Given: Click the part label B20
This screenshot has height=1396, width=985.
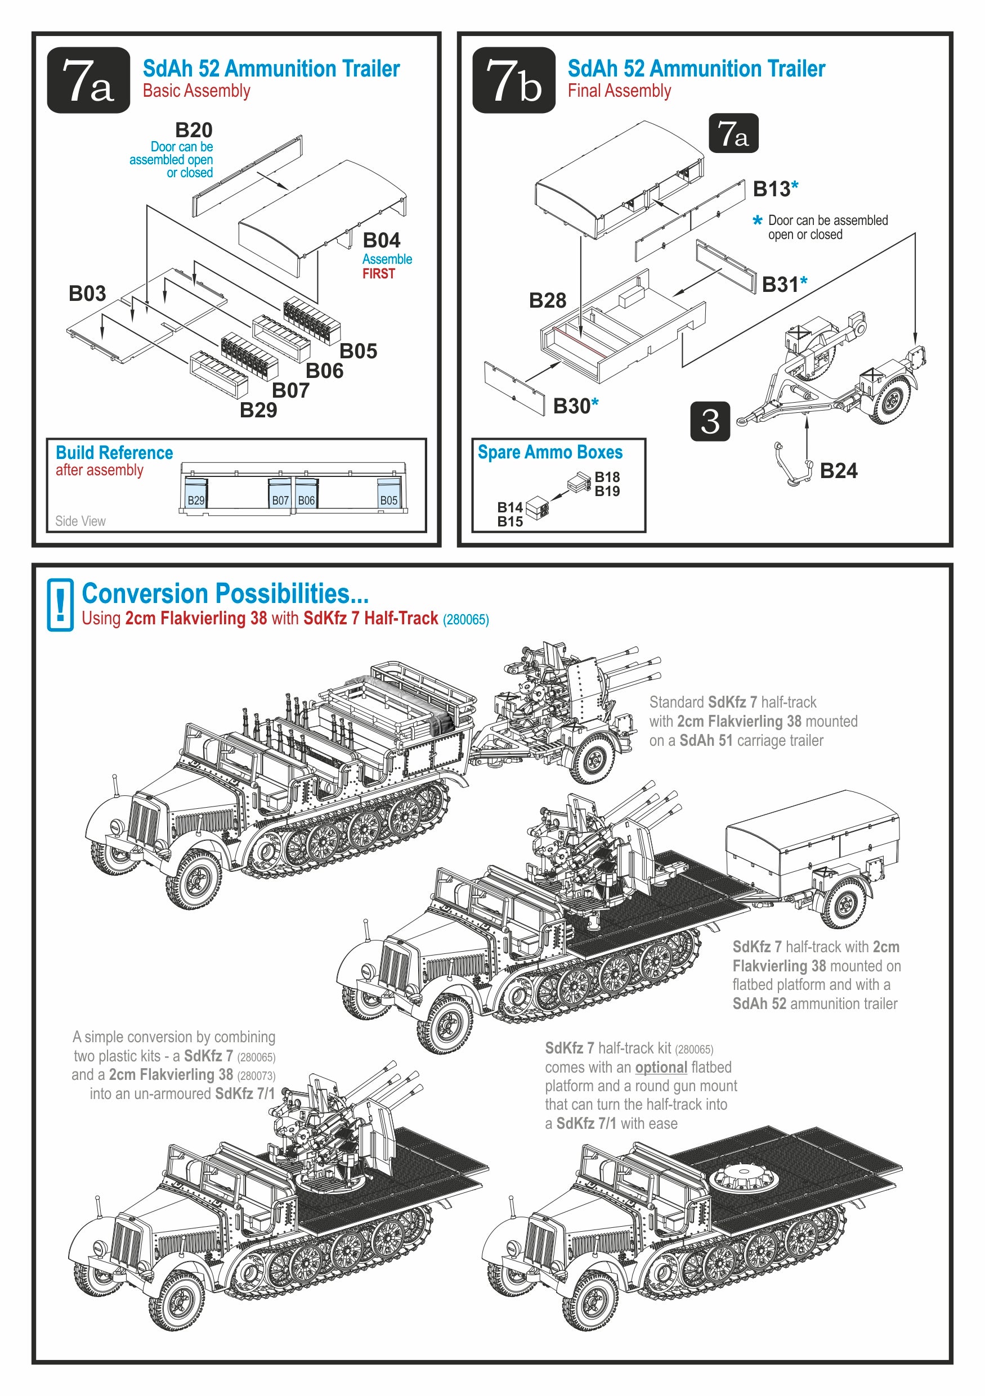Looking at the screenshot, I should point(194,130).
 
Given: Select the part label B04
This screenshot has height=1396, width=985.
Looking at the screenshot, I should point(382,240).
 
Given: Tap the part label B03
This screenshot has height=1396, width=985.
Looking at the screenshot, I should point(87,294).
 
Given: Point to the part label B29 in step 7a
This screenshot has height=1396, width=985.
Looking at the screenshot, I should point(258,411).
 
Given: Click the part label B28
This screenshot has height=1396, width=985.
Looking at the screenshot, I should point(547,300).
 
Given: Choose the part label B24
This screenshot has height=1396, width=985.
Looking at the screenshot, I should point(838,471).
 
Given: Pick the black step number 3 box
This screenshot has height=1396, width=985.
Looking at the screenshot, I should point(709,421).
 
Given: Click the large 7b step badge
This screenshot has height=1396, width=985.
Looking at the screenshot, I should point(513,80).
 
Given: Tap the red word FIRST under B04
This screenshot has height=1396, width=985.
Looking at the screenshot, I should point(378,273).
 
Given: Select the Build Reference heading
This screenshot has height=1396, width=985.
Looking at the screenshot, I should point(114,453).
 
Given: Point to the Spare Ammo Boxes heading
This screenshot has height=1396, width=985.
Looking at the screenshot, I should point(550,452).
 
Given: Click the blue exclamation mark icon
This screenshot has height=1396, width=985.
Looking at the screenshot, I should point(60,605).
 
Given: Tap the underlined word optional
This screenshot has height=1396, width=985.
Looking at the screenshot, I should point(661,1067).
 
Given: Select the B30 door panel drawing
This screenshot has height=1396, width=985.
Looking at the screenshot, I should point(514,388).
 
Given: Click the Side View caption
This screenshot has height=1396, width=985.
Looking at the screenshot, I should point(80,521).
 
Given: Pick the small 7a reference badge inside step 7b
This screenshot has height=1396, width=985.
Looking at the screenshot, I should point(733,133).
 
